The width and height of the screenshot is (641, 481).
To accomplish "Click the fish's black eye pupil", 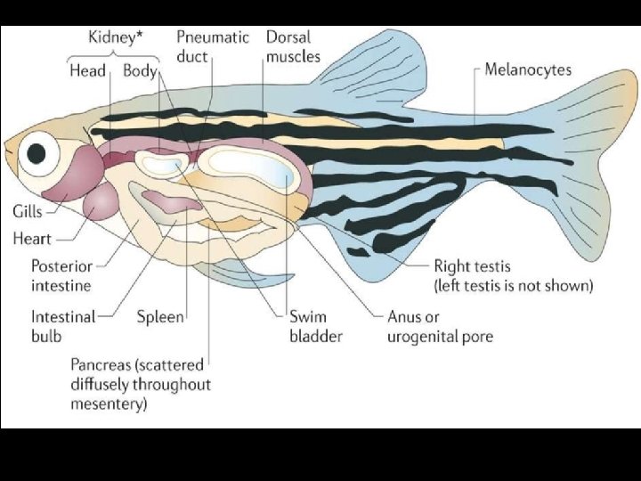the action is tap(37, 153).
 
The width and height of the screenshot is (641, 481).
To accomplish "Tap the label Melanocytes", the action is tap(528, 70).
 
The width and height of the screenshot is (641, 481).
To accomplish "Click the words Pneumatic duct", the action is tap(211, 46).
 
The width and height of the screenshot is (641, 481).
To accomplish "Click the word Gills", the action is tap(28, 212).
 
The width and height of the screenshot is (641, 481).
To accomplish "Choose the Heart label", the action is tap(32, 239).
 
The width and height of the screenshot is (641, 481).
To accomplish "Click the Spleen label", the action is tap(161, 316).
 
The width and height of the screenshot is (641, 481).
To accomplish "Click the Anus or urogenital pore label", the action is tap(439, 326).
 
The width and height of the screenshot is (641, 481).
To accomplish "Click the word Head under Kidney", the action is tap(87, 71).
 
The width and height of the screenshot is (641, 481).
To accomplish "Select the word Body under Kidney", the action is tap(140, 71).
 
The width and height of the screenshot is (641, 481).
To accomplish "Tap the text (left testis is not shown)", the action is tap(513, 286).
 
